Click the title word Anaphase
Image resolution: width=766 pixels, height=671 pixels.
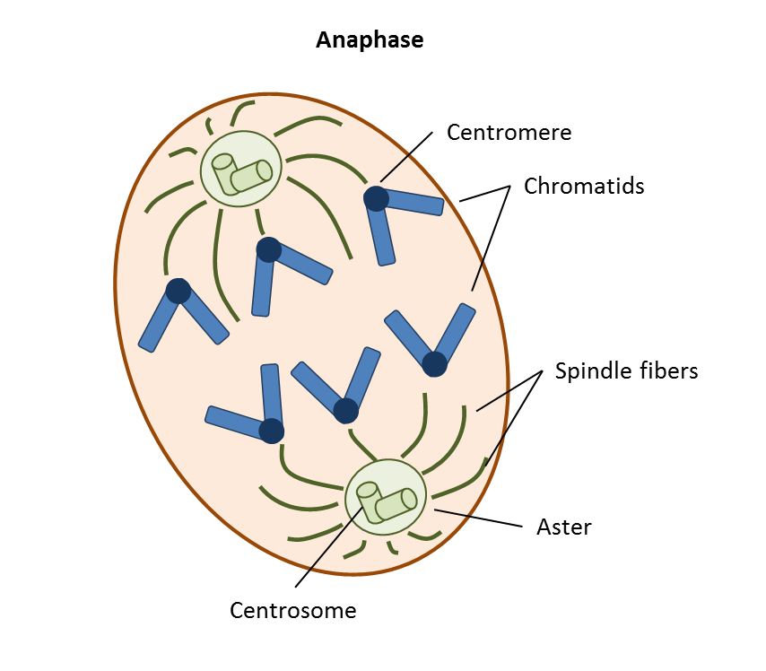(x=370, y=41)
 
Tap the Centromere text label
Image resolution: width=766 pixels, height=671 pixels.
(x=509, y=133)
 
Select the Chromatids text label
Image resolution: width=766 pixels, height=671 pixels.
(x=584, y=186)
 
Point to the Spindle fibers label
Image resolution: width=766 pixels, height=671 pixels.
(x=626, y=370)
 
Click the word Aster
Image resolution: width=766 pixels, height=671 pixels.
(x=563, y=527)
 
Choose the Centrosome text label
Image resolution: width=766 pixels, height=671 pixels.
(x=293, y=611)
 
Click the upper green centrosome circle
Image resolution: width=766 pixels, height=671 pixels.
(x=240, y=169)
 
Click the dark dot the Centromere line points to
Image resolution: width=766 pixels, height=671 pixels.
(x=376, y=198)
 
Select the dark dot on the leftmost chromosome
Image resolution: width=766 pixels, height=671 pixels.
(x=178, y=291)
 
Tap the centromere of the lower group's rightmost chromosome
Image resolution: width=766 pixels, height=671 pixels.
(x=434, y=363)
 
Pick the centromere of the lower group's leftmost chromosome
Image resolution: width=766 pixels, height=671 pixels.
(x=271, y=431)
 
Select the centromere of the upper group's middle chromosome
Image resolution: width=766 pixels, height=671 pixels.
(x=268, y=249)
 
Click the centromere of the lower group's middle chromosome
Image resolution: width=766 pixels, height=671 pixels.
(x=345, y=411)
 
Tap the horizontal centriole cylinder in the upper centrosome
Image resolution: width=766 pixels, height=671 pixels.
(x=251, y=176)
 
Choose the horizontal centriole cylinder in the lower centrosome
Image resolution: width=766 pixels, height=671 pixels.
(x=396, y=504)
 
